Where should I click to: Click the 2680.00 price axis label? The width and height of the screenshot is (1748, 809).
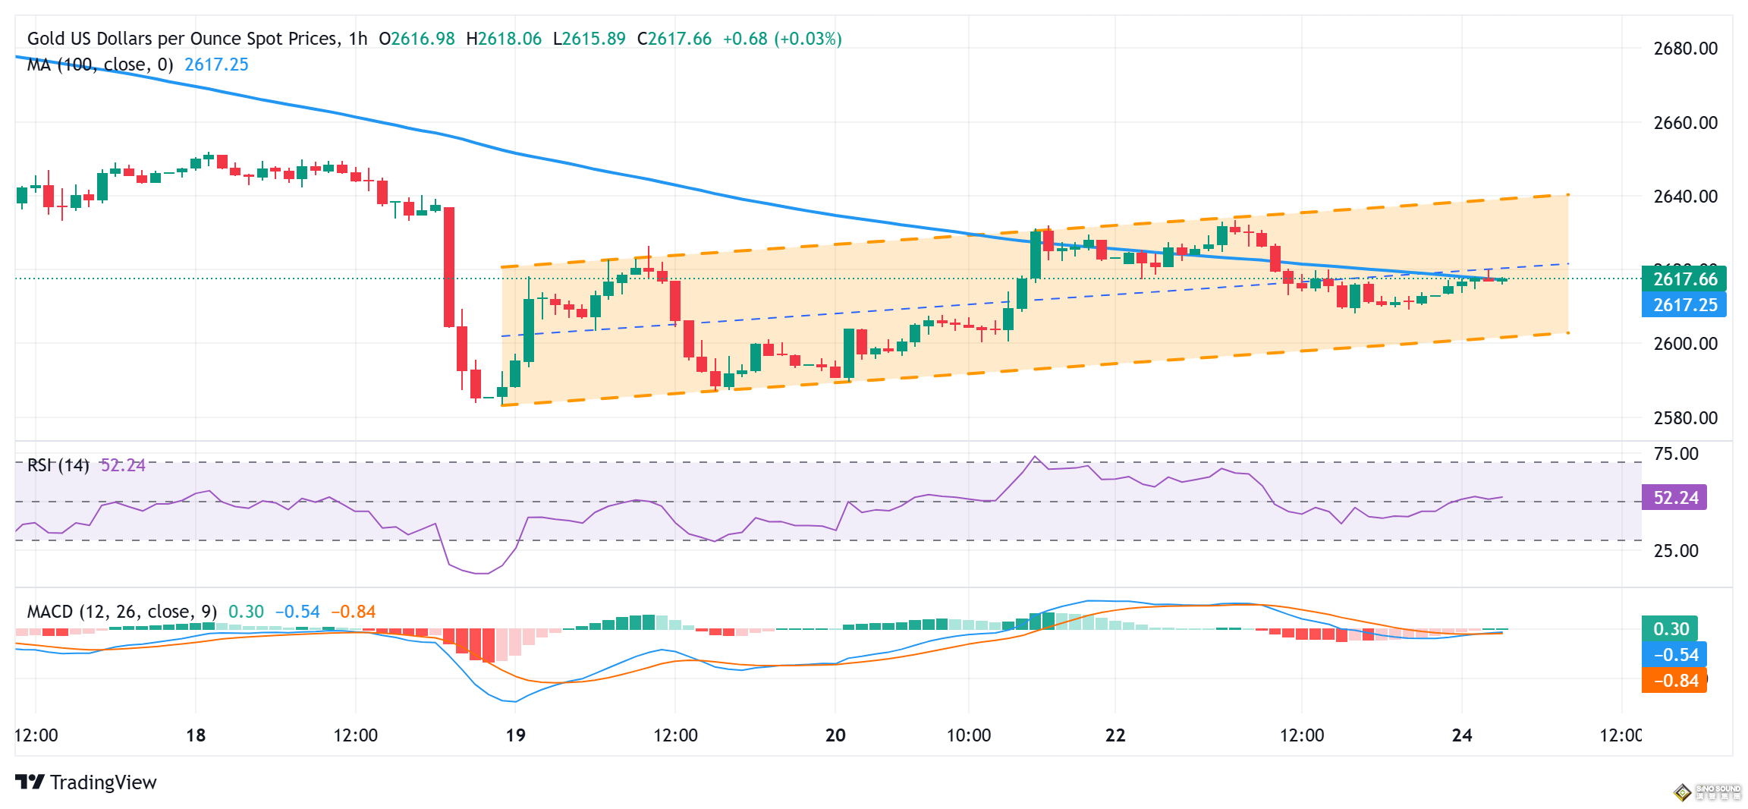point(1685,49)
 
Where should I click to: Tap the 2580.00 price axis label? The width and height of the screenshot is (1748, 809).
point(1685,418)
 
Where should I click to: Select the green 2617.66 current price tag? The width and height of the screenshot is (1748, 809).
point(1684,279)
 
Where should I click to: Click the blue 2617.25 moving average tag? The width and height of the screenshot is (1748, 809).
point(1684,305)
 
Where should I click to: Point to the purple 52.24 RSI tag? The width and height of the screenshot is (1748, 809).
point(1674,498)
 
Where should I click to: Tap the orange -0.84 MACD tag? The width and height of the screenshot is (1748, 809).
point(1674,681)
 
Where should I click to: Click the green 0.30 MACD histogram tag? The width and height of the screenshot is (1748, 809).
point(1670,629)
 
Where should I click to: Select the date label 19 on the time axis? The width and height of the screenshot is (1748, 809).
point(515,735)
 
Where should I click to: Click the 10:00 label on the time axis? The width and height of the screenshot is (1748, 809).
point(969,735)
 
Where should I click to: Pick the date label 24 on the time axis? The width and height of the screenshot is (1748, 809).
point(1461,735)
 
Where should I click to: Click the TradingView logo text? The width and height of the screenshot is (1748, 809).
point(102,782)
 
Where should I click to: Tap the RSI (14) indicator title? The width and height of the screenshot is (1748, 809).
point(58,465)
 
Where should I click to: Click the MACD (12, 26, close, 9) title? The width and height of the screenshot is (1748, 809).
point(121,612)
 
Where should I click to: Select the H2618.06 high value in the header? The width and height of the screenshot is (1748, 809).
point(504,39)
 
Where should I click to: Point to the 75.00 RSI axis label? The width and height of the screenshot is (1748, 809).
point(1676,454)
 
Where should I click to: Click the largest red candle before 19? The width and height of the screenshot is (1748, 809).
point(449,266)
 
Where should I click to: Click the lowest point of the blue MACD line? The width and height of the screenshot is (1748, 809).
point(515,702)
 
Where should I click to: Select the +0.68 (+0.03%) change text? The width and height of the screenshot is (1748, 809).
point(781,39)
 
